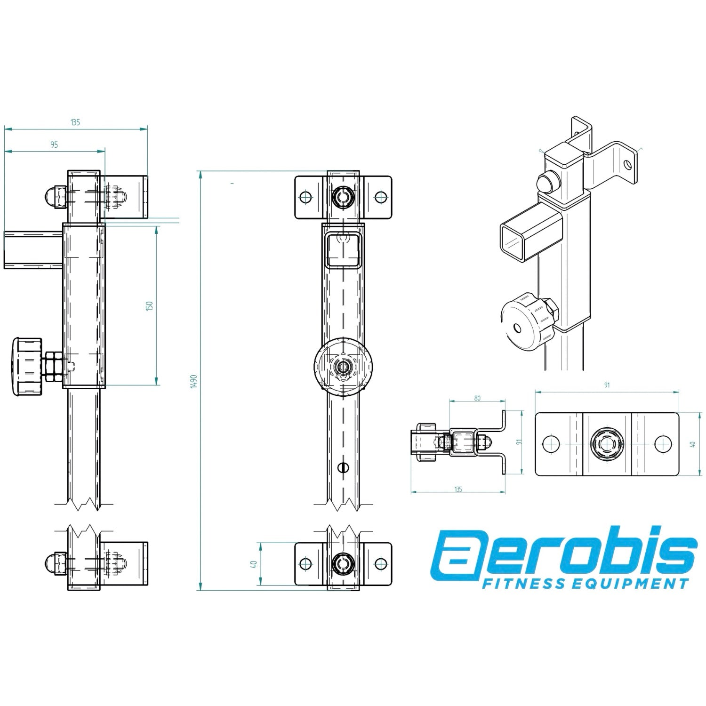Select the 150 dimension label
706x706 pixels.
pyautogui.click(x=150, y=306)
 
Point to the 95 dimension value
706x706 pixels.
pyautogui.click(x=54, y=145)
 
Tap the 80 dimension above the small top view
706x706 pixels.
pyautogui.click(x=477, y=398)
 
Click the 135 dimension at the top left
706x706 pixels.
pyautogui.click(x=75, y=122)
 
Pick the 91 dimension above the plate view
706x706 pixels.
pyautogui.click(x=607, y=385)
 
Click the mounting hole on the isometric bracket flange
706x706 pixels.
pyautogui.click(x=627, y=164)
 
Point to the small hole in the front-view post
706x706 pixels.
pyautogui.click(x=344, y=467)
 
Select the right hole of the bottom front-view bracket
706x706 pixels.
pyautogui.click(x=380, y=563)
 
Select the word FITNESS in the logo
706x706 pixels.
pyautogui.click(x=523, y=584)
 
